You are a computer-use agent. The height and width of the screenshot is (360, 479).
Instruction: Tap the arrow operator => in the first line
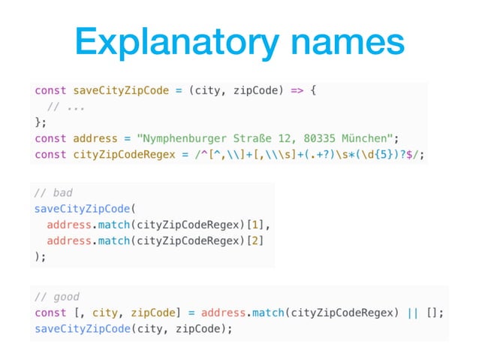pyautogui.click(x=297, y=91)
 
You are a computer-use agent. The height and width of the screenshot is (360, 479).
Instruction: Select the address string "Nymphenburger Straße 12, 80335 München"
pyautogui.click(x=258, y=138)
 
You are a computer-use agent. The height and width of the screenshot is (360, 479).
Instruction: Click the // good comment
pyautogui.click(x=58, y=296)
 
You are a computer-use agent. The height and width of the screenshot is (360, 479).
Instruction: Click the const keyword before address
pyautogui.click(x=50, y=138)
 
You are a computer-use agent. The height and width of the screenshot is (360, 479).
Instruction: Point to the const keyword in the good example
pyautogui.click(x=50, y=312)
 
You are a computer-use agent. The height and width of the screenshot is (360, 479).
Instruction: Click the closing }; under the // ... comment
pyautogui.click(x=41, y=123)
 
